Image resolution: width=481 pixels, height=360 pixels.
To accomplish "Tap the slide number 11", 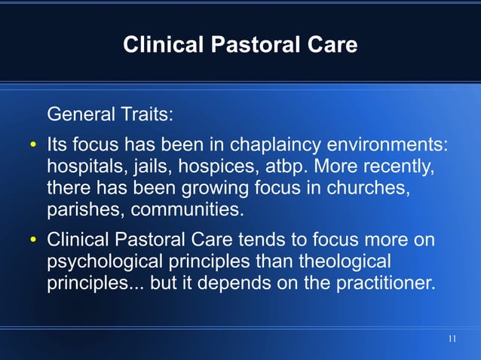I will pyautogui.click(x=452, y=339).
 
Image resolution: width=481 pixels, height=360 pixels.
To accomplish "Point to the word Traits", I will pyautogui.click(x=146, y=116).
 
